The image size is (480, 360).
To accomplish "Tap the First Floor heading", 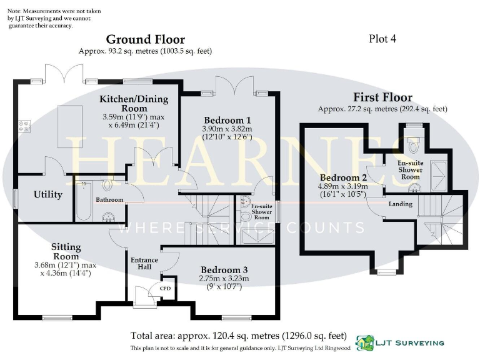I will tap(382, 97).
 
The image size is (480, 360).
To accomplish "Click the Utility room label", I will tap(48, 194).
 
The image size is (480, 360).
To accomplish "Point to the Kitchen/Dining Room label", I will tap(130, 104).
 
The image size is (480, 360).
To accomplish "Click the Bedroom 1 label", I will tap(227, 120).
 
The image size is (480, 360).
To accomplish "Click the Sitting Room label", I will tap(66, 251).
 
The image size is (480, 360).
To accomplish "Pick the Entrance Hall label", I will tap(144, 263).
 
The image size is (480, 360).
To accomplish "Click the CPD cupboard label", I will tap(166, 288).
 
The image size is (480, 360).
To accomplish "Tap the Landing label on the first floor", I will tap(400, 204).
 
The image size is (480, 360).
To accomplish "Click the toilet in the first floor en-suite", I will tap(411, 146).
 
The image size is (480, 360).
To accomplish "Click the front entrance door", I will tap(144, 293).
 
